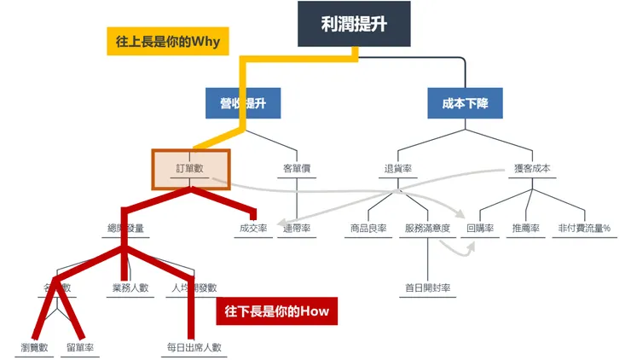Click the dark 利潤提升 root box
354,24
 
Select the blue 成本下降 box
465,103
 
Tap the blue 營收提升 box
243,103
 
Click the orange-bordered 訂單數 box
190,169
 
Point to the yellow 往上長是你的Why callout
168,41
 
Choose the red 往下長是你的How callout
277,311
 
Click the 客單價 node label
296,169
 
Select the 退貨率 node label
397,169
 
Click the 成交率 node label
252,229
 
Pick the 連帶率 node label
296,229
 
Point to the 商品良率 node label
368,229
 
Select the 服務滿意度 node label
427,229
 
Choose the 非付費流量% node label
584,229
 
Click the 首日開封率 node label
427,287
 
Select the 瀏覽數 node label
35,347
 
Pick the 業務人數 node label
130,287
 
